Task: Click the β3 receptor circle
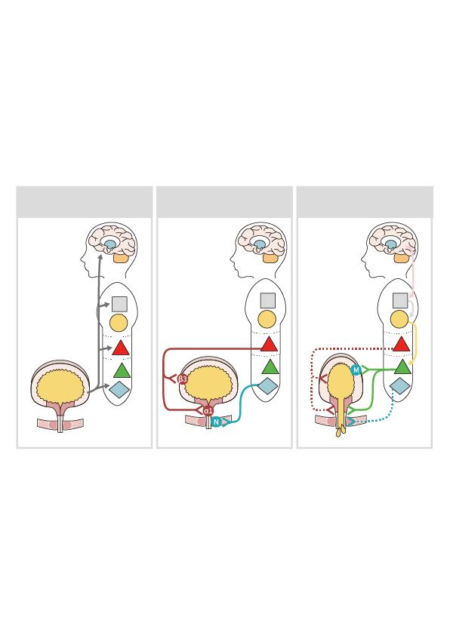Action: point(183,379)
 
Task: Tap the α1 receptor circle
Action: point(208,411)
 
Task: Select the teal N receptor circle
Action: point(217,422)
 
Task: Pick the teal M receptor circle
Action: point(356,370)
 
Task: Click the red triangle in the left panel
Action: point(120,348)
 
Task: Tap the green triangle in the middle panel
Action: point(270,367)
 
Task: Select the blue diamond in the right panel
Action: point(399,385)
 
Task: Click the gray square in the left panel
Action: point(119,304)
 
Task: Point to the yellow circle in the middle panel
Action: point(267,319)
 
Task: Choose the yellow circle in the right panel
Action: point(399,319)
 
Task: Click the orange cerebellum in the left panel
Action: point(121,258)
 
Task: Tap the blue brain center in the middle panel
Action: point(260,244)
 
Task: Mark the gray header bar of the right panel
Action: point(365,202)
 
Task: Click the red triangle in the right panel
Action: point(402,344)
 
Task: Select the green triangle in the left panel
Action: point(122,370)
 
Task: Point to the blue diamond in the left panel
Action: point(119,389)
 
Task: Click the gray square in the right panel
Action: point(400,300)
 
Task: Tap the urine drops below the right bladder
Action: point(341,430)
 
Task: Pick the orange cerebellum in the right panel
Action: point(402,258)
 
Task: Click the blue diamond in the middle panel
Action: point(267,385)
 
